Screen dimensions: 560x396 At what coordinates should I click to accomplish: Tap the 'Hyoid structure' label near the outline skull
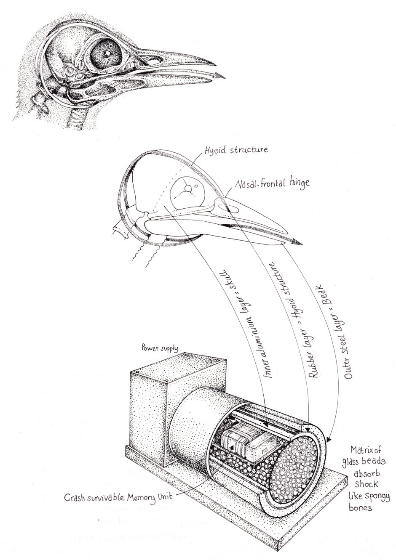click(235, 150)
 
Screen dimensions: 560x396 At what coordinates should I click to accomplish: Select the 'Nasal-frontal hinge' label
click(273, 183)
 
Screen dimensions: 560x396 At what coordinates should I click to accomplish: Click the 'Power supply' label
click(160, 348)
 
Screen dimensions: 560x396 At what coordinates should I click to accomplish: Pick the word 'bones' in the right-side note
click(360, 508)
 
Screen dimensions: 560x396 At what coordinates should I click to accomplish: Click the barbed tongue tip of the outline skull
click(297, 243)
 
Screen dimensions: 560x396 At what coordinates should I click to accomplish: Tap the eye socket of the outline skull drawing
click(187, 191)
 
